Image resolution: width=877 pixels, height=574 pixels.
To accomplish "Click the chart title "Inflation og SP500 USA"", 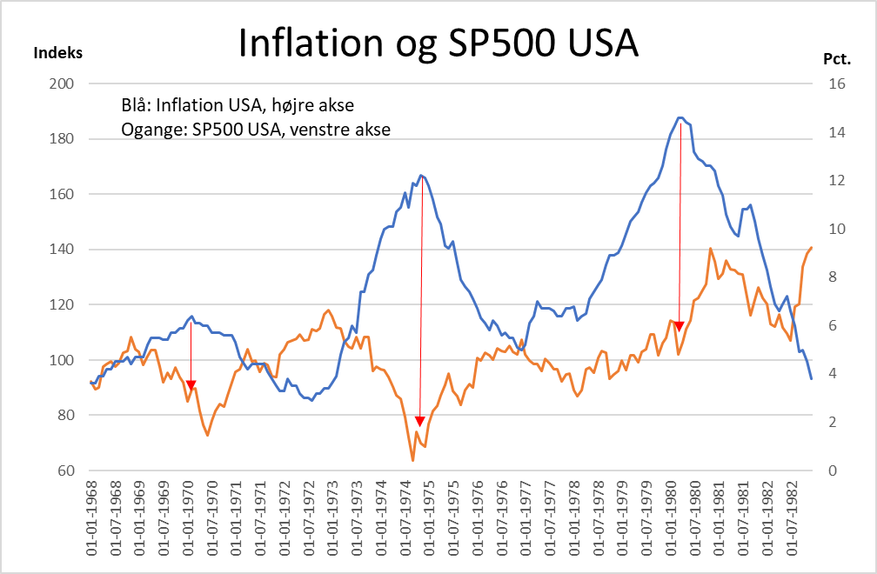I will [438, 43].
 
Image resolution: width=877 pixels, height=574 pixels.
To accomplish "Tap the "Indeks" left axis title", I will [57, 52].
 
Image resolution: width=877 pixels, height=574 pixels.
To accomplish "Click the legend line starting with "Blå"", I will [238, 106].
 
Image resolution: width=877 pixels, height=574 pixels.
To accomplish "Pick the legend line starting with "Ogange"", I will [256, 130].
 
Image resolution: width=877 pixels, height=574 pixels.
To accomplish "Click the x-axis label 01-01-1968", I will [92, 518].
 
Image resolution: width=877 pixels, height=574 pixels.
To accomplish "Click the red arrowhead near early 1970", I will [191, 385].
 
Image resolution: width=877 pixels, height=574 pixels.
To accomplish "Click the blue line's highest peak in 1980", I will [680, 117].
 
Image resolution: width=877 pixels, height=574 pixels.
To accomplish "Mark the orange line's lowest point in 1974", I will [412, 460].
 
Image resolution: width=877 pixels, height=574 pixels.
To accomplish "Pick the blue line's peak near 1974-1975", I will [421, 176].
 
